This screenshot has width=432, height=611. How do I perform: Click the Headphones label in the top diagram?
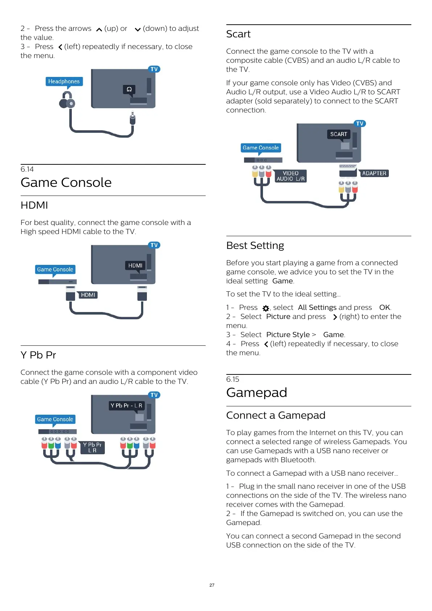tap(64, 81)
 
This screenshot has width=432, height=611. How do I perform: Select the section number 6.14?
tap(27, 169)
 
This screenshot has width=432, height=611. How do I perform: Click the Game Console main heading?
tap(66, 183)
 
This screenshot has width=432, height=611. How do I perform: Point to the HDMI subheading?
tap(34, 205)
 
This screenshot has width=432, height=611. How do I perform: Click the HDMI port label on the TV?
tap(135, 266)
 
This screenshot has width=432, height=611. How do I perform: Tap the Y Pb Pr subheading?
tap(38, 355)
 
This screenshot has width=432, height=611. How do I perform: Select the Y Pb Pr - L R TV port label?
tap(126, 405)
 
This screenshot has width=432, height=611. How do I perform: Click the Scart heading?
tap(238, 34)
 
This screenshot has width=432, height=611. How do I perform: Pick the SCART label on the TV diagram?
tap(338, 134)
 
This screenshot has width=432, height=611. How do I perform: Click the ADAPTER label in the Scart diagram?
tap(374, 173)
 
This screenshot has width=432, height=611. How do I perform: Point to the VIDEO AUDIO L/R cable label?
tap(291, 176)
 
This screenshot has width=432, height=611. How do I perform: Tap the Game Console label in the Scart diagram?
tap(261, 148)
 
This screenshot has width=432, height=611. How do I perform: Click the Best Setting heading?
tap(255, 246)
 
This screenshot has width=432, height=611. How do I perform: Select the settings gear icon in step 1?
tap(266, 308)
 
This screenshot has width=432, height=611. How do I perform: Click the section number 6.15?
tap(233, 379)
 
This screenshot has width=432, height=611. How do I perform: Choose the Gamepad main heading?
tap(256, 393)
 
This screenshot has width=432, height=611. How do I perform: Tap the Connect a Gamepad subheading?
tap(276, 415)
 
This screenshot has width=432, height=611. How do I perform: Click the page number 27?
tap(212, 585)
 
